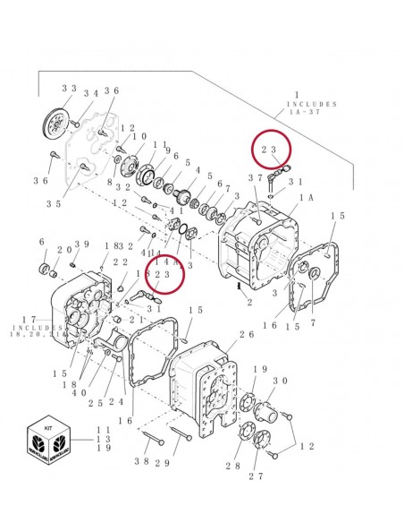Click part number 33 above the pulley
(69, 89)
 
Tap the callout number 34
(91, 93)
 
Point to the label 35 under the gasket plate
(53, 204)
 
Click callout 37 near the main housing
(255, 178)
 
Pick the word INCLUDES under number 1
(312, 105)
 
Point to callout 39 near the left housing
(81, 245)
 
